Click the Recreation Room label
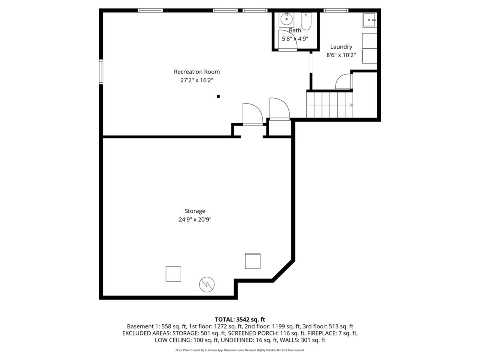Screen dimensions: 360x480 click(x=196, y=72)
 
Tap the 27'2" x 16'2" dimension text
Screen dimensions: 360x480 click(x=196, y=80)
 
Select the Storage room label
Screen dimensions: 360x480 click(x=195, y=211)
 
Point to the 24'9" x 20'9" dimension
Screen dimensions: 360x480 click(x=195, y=219)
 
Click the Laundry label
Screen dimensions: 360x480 click(x=341, y=47)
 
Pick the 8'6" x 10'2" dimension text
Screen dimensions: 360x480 click(x=341, y=55)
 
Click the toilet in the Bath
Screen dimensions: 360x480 click(x=306, y=22)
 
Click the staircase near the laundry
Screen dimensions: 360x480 click(x=330, y=105)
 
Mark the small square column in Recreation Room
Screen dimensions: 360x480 click(x=218, y=96)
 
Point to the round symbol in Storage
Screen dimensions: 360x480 click(x=207, y=284)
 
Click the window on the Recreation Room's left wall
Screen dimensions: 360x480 click(x=101, y=72)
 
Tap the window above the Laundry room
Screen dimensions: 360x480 click(x=336, y=10)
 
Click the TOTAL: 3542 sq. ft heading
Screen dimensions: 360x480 click(x=240, y=319)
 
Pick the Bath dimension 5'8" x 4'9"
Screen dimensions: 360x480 click(x=295, y=39)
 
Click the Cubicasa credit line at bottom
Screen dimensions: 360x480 click(x=240, y=350)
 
